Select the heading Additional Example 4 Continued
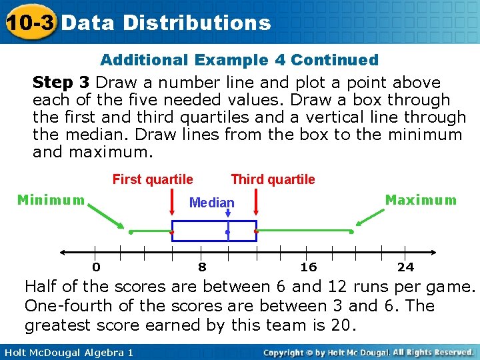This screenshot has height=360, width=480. (239, 60)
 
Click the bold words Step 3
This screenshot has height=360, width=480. (61, 83)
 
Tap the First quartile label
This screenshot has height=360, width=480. (153, 179)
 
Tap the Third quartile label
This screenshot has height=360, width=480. (273, 179)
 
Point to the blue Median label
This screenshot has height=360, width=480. (212, 203)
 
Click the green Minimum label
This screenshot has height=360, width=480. (51, 200)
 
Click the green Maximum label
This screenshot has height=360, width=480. (421, 200)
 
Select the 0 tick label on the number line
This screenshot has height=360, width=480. (97, 267)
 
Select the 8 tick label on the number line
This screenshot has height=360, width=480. (202, 267)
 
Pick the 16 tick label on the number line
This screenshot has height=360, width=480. (309, 267)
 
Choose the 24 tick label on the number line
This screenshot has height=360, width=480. (405, 267)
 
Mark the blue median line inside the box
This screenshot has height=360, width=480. (228, 231)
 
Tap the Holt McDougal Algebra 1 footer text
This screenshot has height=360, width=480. (67, 352)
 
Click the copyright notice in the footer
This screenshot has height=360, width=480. (369, 352)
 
